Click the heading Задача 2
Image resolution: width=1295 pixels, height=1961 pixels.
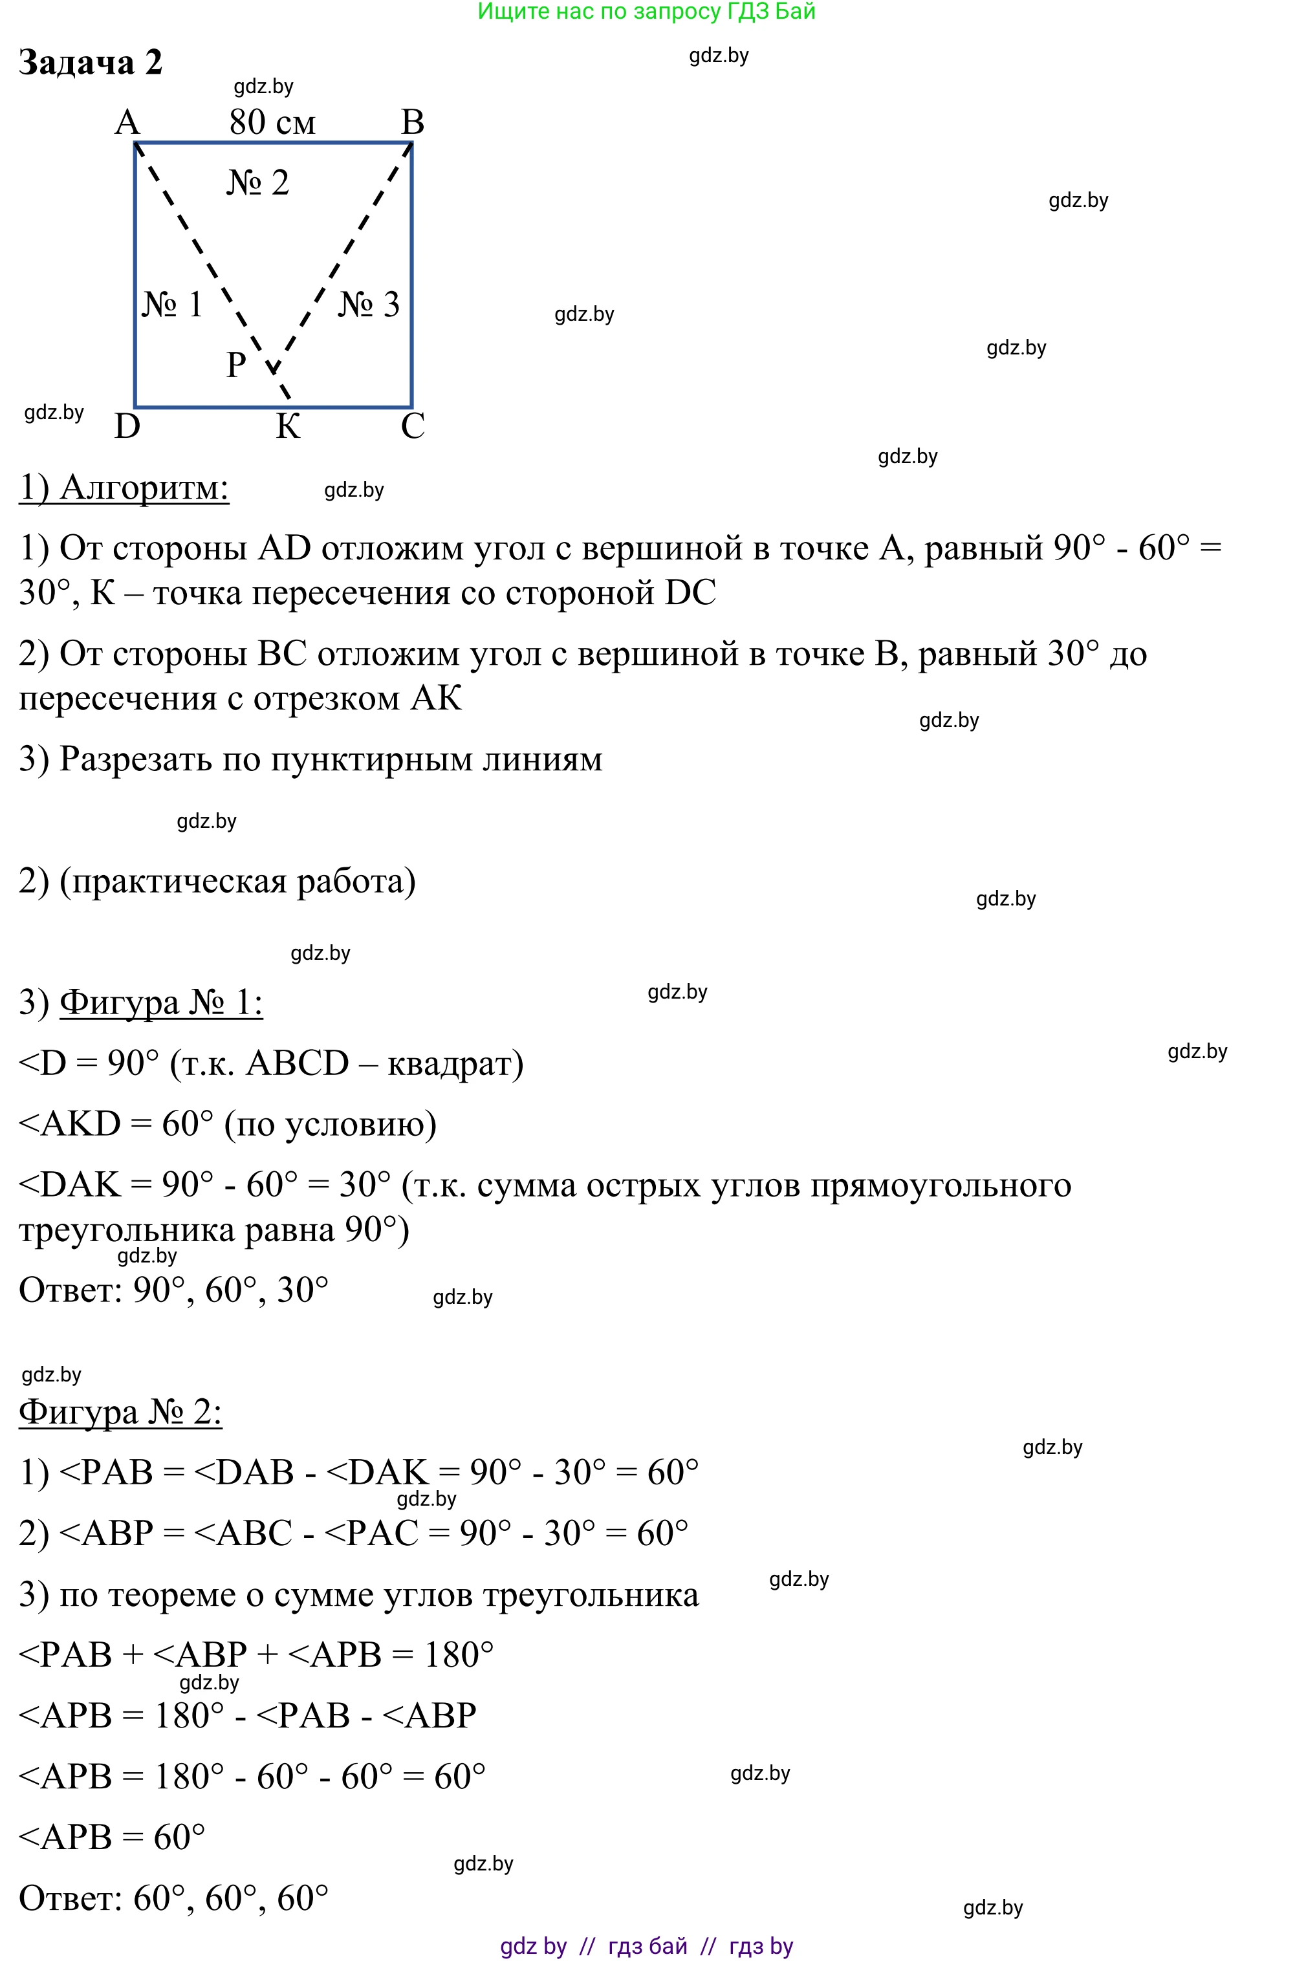click(90, 63)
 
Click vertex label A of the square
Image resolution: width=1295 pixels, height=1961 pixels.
click(127, 123)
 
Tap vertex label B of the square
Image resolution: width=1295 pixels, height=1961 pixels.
click(412, 123)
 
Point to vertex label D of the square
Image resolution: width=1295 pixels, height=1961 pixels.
click(127, 427)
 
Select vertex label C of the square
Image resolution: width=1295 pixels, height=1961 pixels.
click(412, 427)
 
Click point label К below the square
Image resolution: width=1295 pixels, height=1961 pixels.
click(287, 427)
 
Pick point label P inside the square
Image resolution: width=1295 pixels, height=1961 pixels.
click(236, 364)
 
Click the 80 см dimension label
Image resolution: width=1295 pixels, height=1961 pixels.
click(272, 123)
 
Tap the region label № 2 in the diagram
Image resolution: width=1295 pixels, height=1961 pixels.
click(257, 183)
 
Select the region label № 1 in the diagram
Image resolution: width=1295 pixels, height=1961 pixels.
click(172, 305)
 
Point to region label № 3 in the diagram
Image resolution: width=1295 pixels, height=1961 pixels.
click(368, 305)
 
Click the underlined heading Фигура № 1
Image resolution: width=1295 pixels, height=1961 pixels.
click(161, 1002)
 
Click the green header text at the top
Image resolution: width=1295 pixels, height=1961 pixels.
click(647, 12)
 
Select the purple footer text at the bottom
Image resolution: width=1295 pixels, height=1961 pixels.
click(647, 1946)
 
